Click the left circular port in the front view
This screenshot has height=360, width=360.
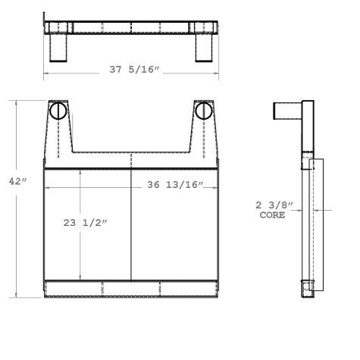pos(59,111)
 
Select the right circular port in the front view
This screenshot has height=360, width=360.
pos(203,111)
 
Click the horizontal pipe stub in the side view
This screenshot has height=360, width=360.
pos(287,110)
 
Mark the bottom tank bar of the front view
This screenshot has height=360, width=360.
pos(132,289)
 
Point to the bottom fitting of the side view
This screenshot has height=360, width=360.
pos(308,290)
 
